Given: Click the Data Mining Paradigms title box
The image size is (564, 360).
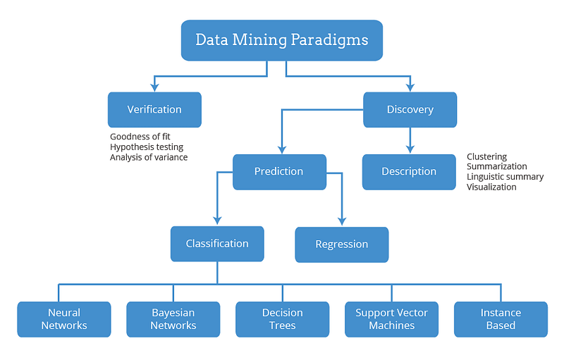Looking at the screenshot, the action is pyautogui.click(x=281, y=40).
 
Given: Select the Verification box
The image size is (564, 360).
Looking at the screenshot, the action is pyautogui.click(x=154, y=110).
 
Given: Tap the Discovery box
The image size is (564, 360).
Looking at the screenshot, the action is pyautogui.click(x=410, y=110).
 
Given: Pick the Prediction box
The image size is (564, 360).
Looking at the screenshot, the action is pyautogui.click(x=279, y=172).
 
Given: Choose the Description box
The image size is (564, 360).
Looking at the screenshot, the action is pyautogui.click(x=409, y=172).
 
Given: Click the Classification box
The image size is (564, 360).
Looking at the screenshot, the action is pyautogui.click(x=217, y=244).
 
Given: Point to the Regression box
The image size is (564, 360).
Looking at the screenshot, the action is pyautogui.click(x=342, y=244).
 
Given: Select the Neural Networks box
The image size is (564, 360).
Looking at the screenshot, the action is pyautogui.click(x=64, y=319).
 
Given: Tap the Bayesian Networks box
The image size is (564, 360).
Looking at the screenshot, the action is pyautogui.click(x=173, y=319).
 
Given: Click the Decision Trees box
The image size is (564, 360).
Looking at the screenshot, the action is pyautogui.click(x=283, y=319).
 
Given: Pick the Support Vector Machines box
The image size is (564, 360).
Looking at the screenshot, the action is pyautogui.click(x=392, y=319).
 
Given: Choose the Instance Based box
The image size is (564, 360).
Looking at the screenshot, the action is pyautogui.click(x=501, y=319).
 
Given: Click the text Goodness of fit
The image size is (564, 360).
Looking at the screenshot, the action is pyautogui.click(x=140, y=137).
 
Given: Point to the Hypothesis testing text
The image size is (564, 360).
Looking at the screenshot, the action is pyautogui.click(x=147, y=147).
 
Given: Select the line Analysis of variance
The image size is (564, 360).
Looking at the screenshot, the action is pyautogui.click(x=149, y=157).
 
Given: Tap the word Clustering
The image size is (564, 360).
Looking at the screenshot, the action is pyautogui.click(x=486, y=156).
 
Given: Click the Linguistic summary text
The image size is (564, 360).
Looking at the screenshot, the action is pyautogui.click(x=505, y=177).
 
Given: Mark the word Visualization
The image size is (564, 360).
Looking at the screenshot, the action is pyautogui.click(x=491, y=187).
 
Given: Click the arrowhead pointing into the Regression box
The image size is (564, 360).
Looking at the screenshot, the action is pyautogui.click(x=342, y=221).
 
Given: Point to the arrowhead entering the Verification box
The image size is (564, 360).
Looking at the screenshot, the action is pyautogui.click(x=154, y=87).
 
